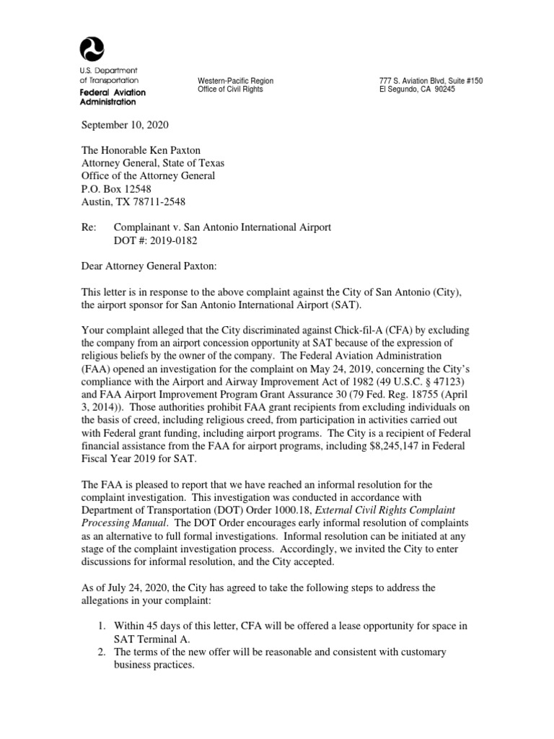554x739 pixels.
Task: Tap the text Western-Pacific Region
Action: coord(235,81)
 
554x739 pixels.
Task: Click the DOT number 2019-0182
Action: coord(156,240)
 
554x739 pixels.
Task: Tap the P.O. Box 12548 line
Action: coord(121,188)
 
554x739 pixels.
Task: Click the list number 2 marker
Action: coord(102,652)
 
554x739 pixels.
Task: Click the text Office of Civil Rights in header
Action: coord(230,89)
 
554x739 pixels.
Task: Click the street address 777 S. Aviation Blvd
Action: coord(409,81)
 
